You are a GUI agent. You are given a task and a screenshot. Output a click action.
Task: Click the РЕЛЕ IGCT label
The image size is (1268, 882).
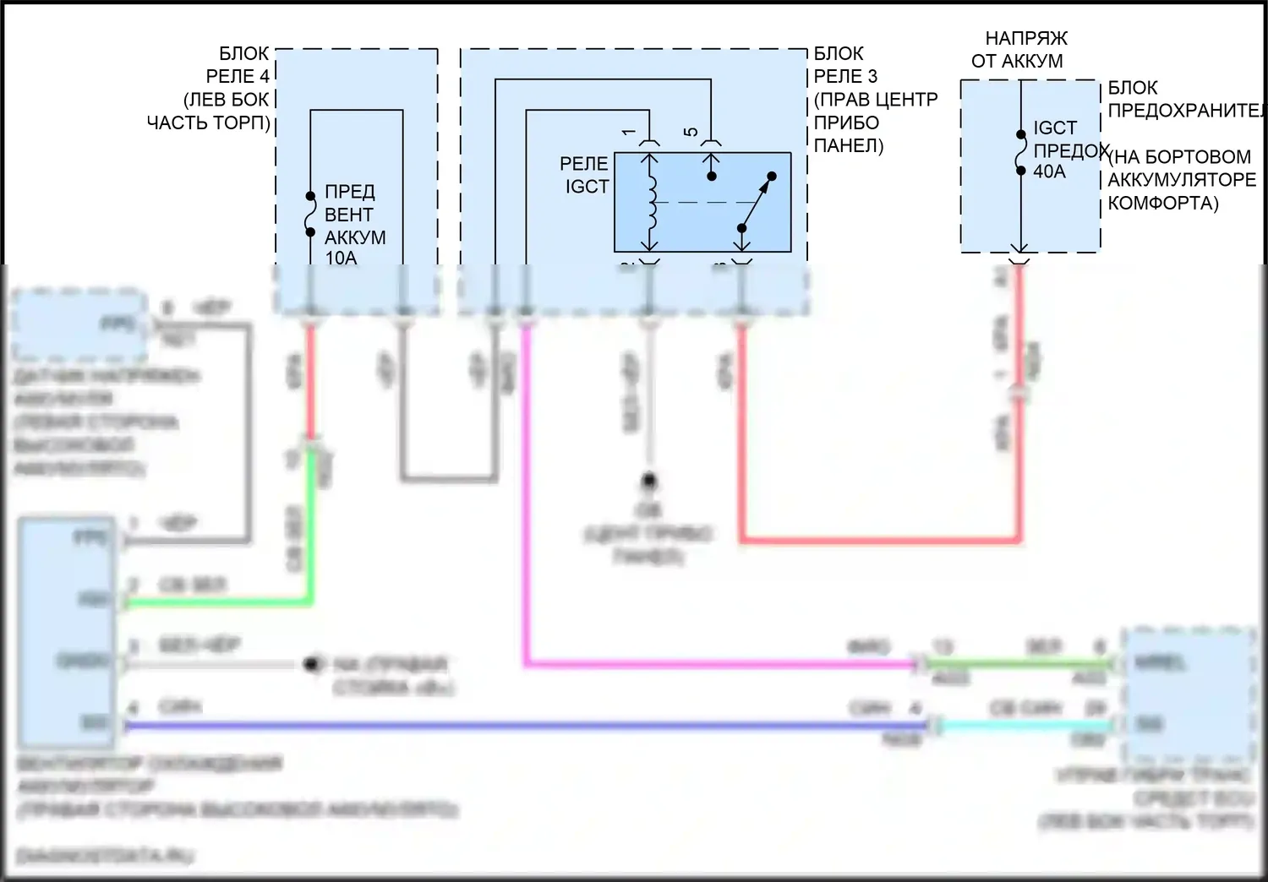click(x=585, y=175)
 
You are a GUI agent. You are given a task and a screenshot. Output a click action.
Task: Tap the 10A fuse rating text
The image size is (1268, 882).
click(x=341, y=259)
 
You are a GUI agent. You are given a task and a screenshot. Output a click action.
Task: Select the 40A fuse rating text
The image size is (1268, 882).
click(x=1049, y=171)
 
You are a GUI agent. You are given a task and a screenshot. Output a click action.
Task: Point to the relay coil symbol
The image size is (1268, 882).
click(x=651, y=203)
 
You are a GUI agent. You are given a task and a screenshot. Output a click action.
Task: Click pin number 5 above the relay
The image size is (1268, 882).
click(x=691, y=132)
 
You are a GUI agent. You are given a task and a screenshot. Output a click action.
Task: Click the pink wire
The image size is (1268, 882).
click(x=527, y=507)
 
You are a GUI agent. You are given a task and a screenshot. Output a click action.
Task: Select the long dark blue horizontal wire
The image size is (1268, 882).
click(x=507, y=726)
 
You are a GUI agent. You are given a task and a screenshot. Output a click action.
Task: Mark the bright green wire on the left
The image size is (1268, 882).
click(x=220, y=602)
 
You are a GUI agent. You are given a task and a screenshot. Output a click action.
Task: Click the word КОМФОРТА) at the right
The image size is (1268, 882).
click(x=1162, y=203)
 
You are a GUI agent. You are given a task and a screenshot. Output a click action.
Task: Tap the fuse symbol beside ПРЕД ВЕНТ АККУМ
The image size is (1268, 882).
click(x=310, y=214)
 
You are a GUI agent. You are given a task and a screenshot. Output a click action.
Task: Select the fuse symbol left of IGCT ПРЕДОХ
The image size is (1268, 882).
click(x=1021, y=152)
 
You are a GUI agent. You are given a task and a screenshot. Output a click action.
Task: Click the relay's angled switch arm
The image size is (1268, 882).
click(x=757, y=203)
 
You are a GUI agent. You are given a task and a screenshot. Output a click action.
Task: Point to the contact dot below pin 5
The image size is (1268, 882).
click(x=712, y=176)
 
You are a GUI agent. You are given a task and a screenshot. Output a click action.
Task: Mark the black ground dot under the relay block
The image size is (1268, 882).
click(x=648, y=481)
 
